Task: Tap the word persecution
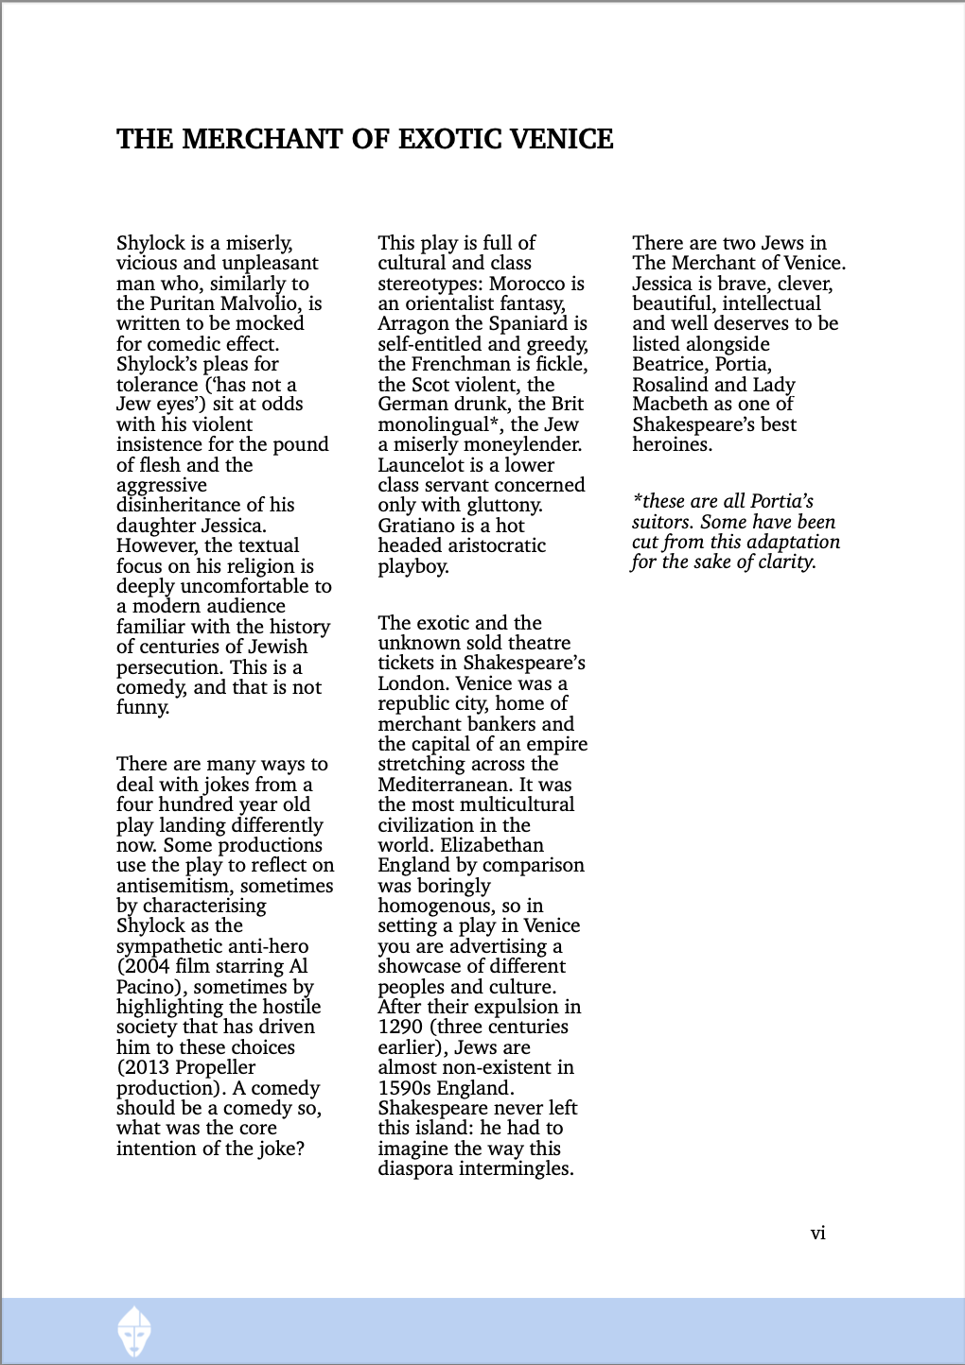169,666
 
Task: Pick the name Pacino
151,987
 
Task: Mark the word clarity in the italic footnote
783,562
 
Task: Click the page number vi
818,1233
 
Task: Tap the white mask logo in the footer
134,1331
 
